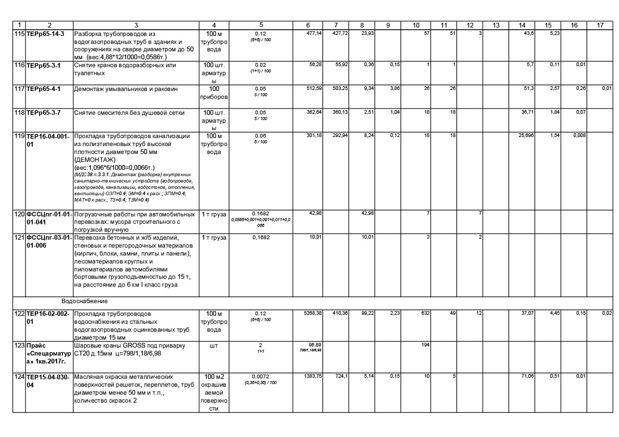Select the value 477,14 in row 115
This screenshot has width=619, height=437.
(315, 33)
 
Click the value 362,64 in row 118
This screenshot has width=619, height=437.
(315, 112)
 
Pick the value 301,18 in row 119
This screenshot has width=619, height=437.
(315, 135)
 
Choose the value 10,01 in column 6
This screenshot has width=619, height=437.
(316, 237)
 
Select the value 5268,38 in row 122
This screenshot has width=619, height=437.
(313, 313)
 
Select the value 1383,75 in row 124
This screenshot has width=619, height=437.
(313, 375)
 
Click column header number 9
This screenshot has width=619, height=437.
(388, 25)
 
